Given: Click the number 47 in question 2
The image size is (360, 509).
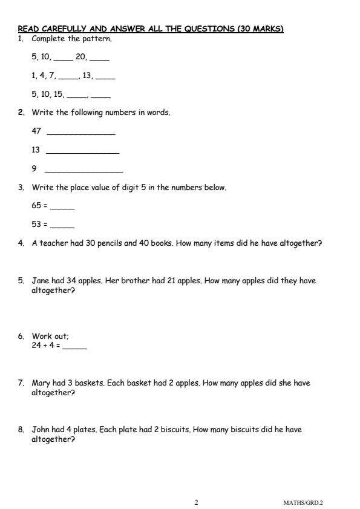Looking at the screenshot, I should coord(36,131).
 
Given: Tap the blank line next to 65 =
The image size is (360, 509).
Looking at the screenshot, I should coord(62,207).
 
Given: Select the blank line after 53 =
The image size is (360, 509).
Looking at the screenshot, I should coord(62,226).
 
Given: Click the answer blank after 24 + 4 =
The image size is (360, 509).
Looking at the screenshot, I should coord(74,348).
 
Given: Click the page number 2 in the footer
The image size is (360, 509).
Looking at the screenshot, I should coord(196,502).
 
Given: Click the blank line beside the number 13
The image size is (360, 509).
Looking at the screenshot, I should coord(82,151).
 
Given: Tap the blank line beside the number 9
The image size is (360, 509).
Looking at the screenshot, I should coord(83,171).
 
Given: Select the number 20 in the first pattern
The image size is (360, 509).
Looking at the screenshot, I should coord(82,57).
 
